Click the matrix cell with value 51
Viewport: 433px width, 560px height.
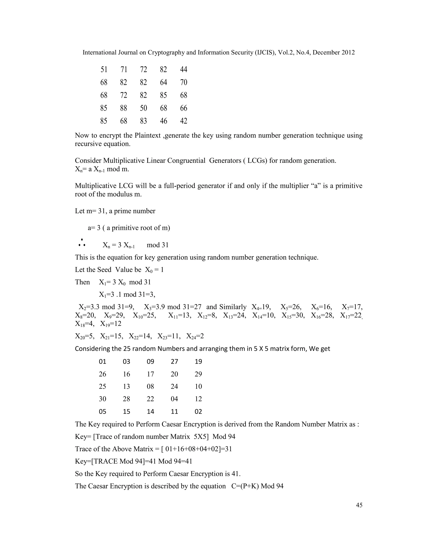point(104,70)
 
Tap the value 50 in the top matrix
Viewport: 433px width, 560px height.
point(143,108)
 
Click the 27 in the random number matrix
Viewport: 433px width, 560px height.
point(174,362)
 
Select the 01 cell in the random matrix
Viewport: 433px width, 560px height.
point(102,362)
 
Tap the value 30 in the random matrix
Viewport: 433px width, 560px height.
point(102,399)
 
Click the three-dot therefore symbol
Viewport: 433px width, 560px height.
point(82,243)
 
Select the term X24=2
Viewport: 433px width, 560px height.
point(195,336)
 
